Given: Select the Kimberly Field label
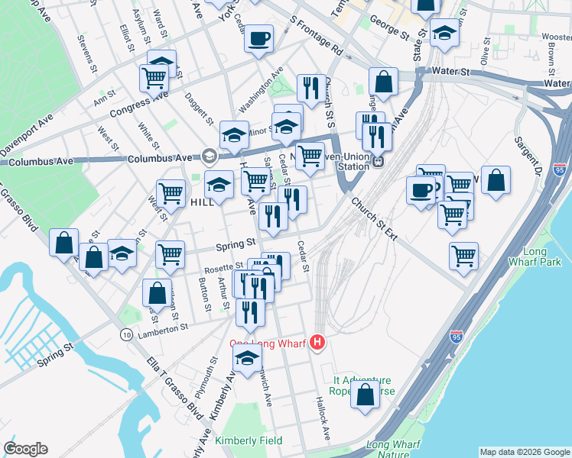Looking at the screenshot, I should (x=249, y=440).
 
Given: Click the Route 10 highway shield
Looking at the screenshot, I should (x=125, y=334).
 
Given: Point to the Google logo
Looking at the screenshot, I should (x=25, y=449).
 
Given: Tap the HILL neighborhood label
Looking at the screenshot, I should (x=203, y=202).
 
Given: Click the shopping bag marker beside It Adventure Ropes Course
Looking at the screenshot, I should (x=365, y=395).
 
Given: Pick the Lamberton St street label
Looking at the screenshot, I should (x=162, y=327).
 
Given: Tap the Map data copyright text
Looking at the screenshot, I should (x=524, y=451).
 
